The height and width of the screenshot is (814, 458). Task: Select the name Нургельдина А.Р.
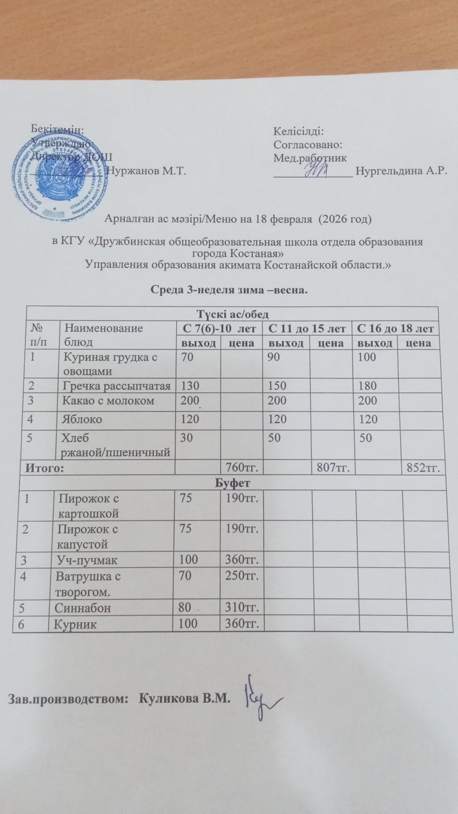[401, 170]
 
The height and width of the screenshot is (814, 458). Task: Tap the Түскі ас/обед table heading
[232, 314]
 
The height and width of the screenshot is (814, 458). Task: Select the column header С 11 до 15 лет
[307, 329]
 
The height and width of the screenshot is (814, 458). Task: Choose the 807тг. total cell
[333, 468]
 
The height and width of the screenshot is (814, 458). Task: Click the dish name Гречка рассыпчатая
[116, 386]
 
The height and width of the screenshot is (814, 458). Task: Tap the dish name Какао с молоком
[108, 400]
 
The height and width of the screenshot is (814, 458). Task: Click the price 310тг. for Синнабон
[242, 607]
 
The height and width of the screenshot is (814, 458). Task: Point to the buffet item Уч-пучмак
[88, 560]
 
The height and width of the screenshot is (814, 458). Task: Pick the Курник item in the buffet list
[75, 624]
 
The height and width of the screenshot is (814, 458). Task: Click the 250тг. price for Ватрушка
[242, 576]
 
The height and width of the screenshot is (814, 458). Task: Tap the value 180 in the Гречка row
[367, 386]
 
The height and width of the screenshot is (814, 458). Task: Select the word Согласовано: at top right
[307, 145]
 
